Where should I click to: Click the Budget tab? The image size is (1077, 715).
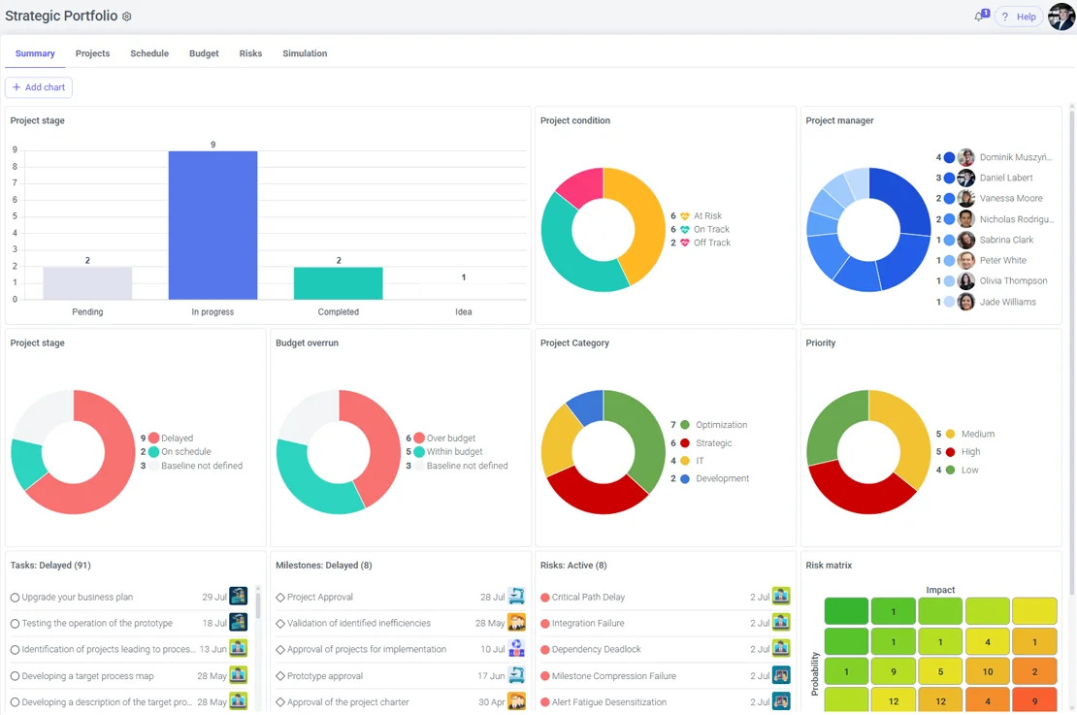(204, 53)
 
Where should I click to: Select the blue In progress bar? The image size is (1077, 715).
(212, 225)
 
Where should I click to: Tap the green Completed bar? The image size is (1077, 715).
(338, 283)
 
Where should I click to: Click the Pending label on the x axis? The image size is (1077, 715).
(87, 311)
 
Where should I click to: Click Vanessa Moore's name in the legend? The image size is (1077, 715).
(1011, 198)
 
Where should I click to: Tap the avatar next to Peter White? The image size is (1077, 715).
(965, 260)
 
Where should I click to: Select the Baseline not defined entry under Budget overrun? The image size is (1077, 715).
(467, 466)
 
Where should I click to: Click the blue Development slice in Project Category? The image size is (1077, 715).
(586, 406)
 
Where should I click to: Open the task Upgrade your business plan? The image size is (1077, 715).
(77, 597)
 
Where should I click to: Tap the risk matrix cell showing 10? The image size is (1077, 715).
(987, 671)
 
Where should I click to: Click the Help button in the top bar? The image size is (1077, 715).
(1020, 16)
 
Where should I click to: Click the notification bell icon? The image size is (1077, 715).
(979, 16)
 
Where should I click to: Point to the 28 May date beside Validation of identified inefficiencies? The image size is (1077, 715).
(490, 623)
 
